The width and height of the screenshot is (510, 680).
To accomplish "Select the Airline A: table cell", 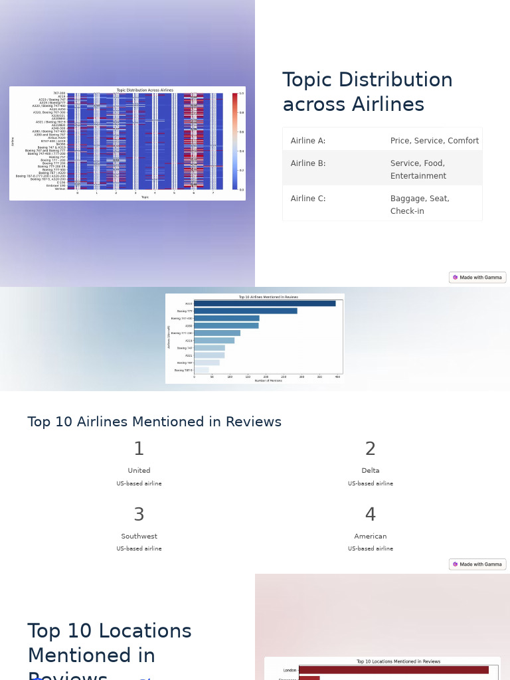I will coord(308,141).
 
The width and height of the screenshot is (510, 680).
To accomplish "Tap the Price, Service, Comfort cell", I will coord(434,141).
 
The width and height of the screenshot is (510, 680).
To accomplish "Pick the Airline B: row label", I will coord(308,163).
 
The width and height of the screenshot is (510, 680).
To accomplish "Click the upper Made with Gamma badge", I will coord(477,278).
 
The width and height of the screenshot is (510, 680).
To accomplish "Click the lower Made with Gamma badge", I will coord(477,564).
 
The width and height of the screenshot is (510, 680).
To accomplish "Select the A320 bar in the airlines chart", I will coord(264,303).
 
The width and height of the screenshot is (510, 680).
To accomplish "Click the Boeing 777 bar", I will coord(245,311).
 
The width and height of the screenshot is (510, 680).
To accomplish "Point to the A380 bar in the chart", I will coord(226,325).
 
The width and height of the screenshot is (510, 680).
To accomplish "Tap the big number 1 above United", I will coord(139,450).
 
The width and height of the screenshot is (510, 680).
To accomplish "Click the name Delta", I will coord(371,471).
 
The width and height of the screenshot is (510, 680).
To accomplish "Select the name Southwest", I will coord(139,537).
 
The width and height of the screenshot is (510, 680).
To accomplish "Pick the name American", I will coord(371,537).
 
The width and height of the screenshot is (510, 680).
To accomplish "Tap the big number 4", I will coord(371,515).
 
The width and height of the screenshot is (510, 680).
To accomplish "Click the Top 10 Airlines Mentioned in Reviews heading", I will coord(154,422).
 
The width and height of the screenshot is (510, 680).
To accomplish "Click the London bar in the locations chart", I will coord(393,670).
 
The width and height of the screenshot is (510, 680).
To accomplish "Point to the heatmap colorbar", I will coord(234,141).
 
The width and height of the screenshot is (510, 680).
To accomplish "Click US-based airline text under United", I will coord(139,483).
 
